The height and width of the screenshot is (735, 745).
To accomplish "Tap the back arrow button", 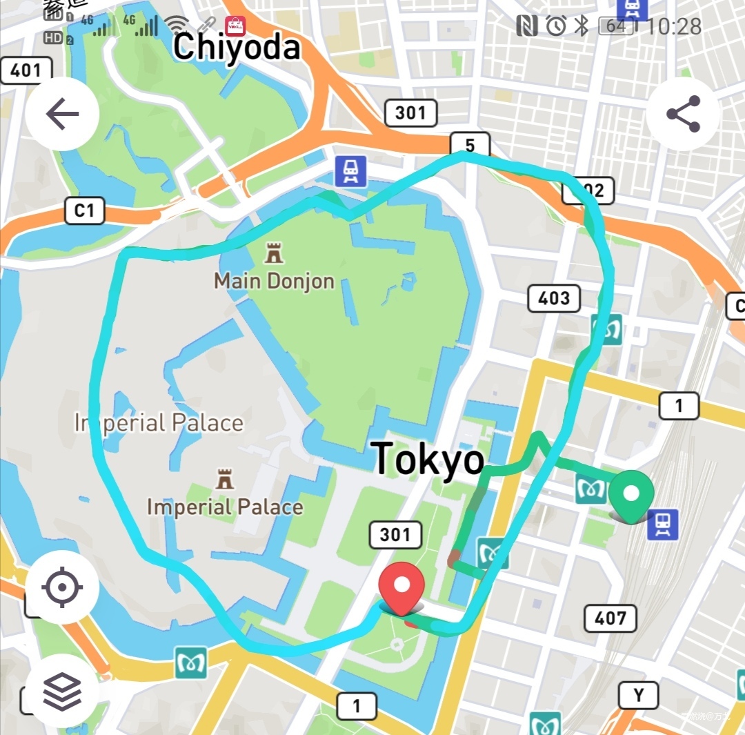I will coord(62,114).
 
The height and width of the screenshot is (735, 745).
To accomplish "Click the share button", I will coord(683,114).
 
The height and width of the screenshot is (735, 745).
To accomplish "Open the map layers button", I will coord(62,690).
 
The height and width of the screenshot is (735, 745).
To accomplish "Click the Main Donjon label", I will coord(274,281).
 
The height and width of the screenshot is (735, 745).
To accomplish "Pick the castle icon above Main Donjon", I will coord(274,253).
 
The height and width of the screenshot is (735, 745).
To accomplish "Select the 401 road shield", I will coord(26,70).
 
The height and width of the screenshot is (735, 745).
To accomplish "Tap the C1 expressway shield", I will coord(84,210).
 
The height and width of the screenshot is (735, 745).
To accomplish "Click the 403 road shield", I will coord(554,298).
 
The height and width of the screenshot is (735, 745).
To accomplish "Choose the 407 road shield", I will coord(610,618).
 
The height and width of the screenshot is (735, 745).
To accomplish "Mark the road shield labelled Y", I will coord(638,696).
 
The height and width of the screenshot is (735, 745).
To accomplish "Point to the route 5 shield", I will coord(470,146).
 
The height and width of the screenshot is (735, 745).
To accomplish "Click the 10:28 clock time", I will coord(674,27).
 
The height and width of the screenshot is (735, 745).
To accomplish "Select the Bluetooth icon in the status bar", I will coord(582,26).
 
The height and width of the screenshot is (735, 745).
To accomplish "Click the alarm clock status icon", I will coord(556,26).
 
